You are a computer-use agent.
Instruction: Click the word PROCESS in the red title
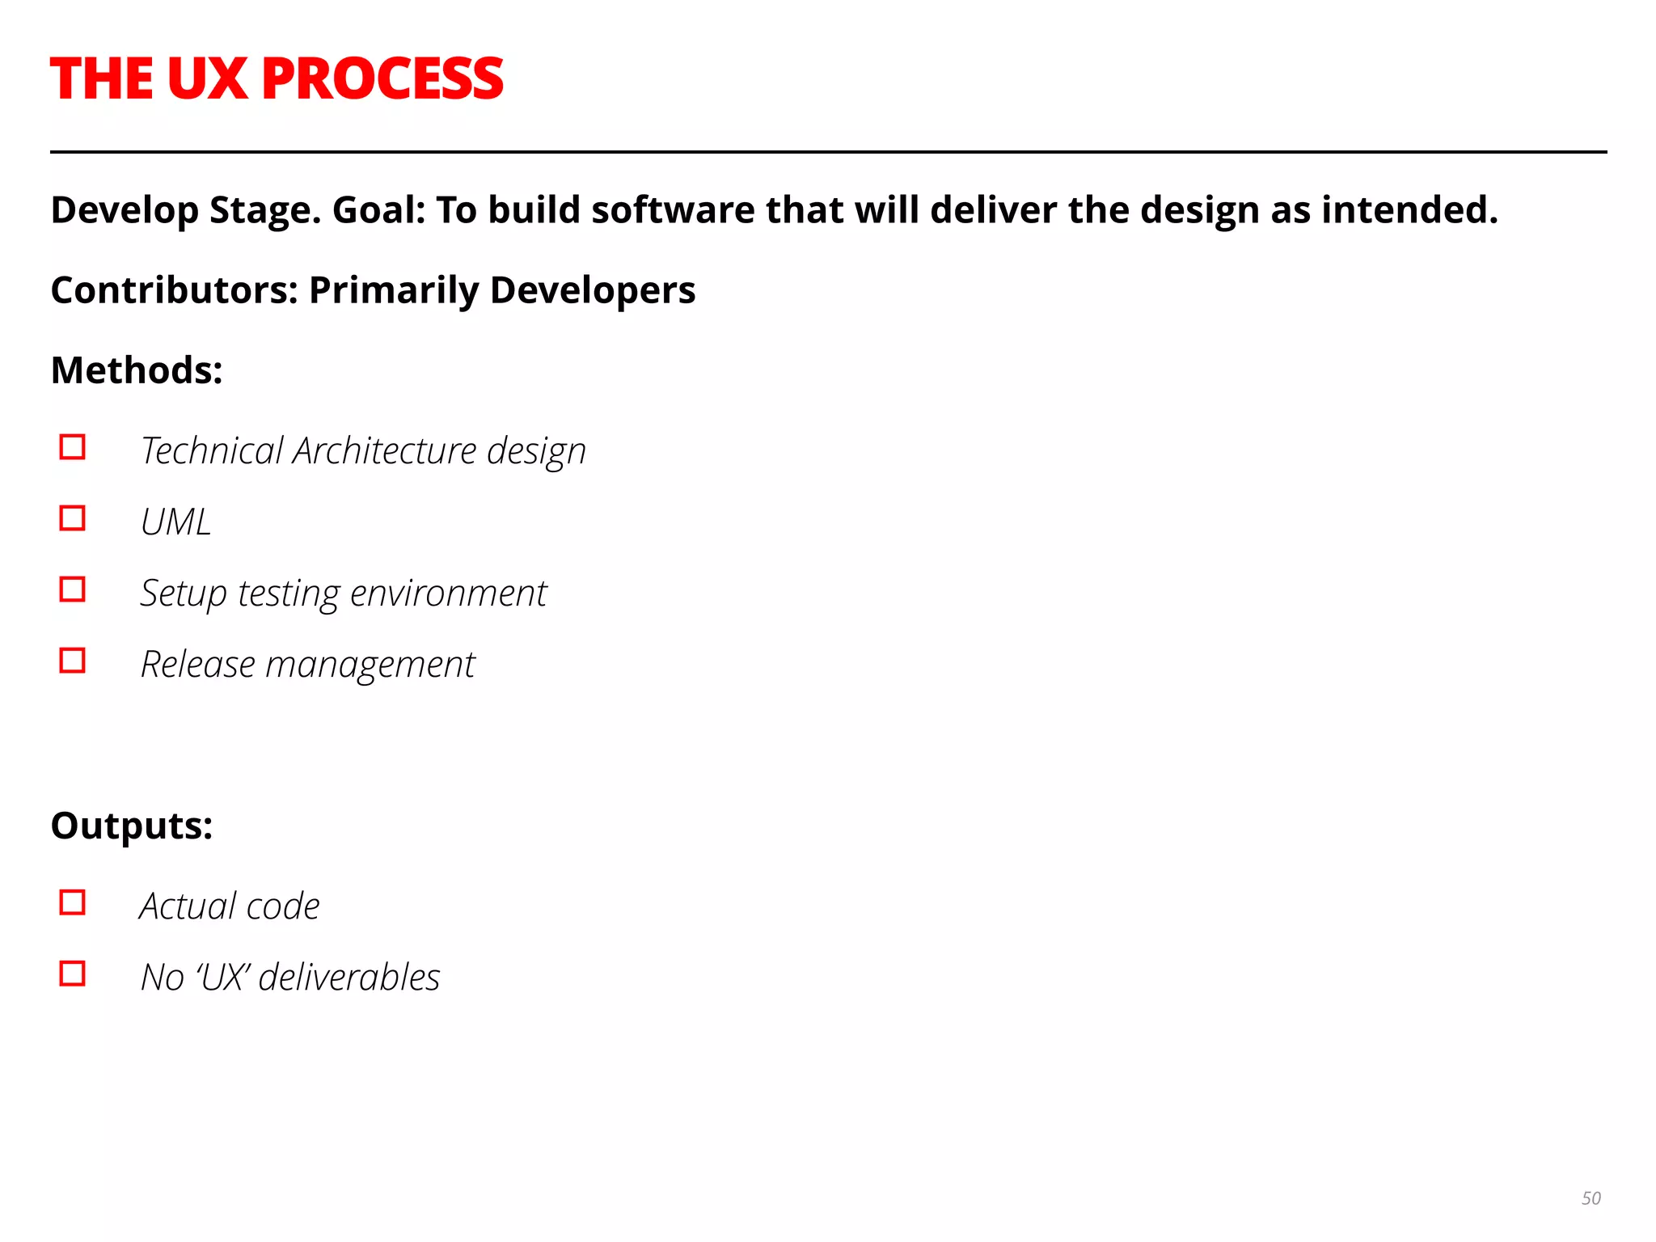point(382,79)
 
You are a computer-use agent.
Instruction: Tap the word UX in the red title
point(207,79)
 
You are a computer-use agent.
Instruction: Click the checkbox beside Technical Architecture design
point(73,447)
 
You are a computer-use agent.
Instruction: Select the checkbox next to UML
point(73,518)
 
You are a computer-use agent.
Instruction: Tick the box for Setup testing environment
point(73,589)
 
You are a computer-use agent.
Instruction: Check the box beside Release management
point(73,661)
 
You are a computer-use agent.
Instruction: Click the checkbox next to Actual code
point(73,902)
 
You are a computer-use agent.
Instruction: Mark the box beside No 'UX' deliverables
point(73,974)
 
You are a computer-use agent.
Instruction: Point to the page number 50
point(1591,1198)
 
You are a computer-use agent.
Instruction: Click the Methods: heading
point(137,370)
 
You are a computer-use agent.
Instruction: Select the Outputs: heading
point(132,826)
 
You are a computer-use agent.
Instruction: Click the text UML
point(175,522)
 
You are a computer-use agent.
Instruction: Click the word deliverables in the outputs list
point(349,977)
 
